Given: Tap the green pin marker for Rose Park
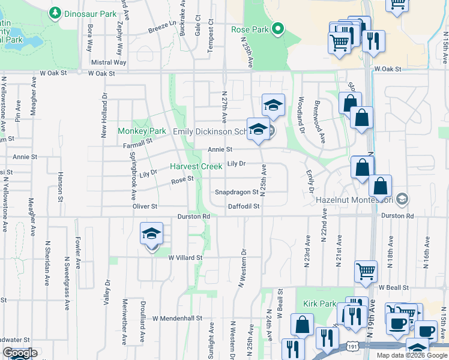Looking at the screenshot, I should click(x=277, y=28).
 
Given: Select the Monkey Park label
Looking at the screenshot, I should click(x=142, y=131).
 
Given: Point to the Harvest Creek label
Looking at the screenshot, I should click(x=196, y=166).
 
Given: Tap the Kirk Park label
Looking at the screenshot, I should click(x=319, y=304).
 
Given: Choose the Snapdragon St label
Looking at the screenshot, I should click(x=237, y=193).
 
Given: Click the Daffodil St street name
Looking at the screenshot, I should click(x=243, y=206).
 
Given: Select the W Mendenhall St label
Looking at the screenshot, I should click(x=178, y=318).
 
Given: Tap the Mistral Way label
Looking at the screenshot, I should click(x=109, y=62).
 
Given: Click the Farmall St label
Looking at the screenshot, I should click(x=138, y=144).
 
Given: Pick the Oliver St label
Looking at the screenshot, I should click(x=145, y=206).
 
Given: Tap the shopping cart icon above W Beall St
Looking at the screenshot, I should click(x=366, y=271).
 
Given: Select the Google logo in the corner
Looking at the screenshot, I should click(x=19, y=353).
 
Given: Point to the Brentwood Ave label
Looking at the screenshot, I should click(x=319, y=121).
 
